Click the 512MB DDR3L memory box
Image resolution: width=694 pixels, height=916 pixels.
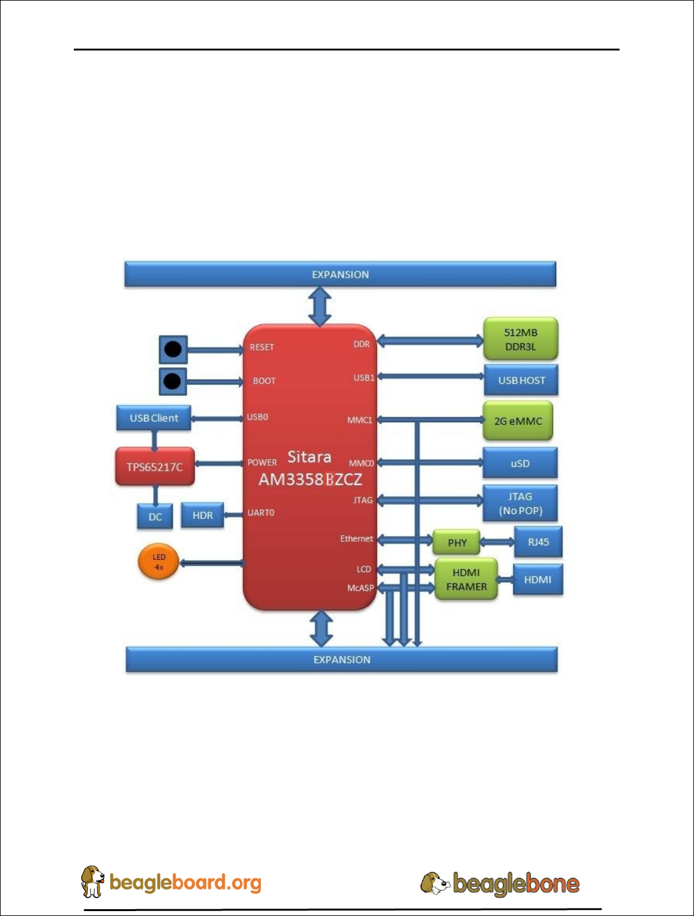click(x=520, y=339)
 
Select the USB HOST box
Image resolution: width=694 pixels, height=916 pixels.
click(x=521, y=380)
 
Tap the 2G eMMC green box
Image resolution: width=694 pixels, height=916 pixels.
click(x=518, y=421)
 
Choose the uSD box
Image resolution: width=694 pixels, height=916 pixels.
click(x=520, y=464)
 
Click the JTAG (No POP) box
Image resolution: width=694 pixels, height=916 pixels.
click(x=520, y=504)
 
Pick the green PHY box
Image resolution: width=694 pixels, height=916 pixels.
click(x=457, y=542)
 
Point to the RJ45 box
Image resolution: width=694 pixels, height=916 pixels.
click(x=538, y=542)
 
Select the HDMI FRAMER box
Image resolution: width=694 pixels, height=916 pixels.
click(x=466, y=579)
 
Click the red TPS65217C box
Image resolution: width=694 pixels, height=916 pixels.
click(x=154, y=467)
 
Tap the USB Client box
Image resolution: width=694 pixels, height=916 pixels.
click(x=154, y=418)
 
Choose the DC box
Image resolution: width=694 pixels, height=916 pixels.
click(x=155, y=516)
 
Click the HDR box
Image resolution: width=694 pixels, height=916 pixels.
click(x=202, y=515)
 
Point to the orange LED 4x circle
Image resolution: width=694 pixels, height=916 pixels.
click(x=159, y=562)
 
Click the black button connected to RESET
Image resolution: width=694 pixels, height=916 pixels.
click(x=173, y=350)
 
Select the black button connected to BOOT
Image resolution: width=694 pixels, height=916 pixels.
click(x=173, y=381)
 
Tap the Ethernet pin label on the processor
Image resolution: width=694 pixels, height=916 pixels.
click(x=356, y=539)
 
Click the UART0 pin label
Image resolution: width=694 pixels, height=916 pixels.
click(x=261, y=512)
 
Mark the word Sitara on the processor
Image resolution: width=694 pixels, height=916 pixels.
click(x=309, y=457)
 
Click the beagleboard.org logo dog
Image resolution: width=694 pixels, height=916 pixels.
click(x=93, y=881)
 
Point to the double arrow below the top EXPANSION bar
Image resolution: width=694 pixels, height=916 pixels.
click(x=320, y=306)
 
